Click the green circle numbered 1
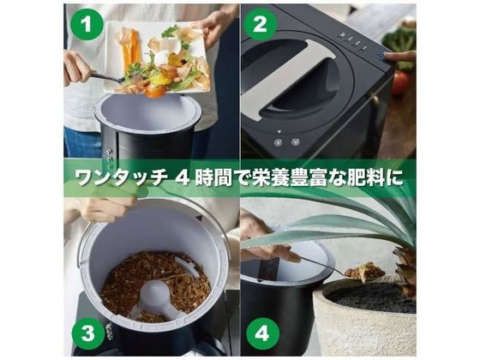click(87, 24)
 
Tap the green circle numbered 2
click(261, 24)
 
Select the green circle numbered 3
click(88, 333)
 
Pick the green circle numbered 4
click(262, 333)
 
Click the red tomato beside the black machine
click(400, 82)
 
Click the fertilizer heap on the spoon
click(364, 271)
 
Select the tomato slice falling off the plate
click(154, 91)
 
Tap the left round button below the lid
click(279, 142)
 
